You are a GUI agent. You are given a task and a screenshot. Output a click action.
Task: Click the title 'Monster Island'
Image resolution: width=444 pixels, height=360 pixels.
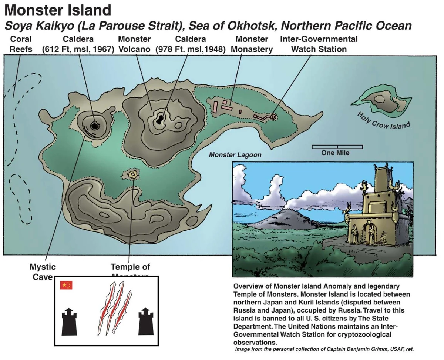point(58,10)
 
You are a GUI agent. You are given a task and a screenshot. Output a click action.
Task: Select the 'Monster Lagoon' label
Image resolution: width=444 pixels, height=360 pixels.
point(235,155)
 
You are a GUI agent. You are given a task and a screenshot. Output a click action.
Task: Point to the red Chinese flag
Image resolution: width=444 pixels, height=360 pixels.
point(66,285)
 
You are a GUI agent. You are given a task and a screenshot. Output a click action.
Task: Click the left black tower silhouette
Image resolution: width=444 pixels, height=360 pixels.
point(69,320)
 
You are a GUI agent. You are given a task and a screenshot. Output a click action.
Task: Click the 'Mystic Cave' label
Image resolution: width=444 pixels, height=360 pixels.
point(43,271)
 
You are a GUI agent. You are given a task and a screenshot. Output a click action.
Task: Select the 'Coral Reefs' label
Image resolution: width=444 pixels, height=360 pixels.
point(21,44)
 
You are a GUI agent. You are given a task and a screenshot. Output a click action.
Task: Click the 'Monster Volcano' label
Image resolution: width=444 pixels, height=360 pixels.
point(134,44)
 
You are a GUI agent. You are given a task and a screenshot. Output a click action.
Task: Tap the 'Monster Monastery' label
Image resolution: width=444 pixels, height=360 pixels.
point(252,44)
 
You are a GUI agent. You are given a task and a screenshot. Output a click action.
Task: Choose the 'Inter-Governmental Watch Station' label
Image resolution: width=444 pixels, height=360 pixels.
point(319,44)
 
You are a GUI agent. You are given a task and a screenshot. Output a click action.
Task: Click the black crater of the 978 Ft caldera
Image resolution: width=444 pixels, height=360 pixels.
point(160,119)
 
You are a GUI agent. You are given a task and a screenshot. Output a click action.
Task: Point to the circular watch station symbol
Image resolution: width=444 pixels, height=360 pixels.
point(273,117)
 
